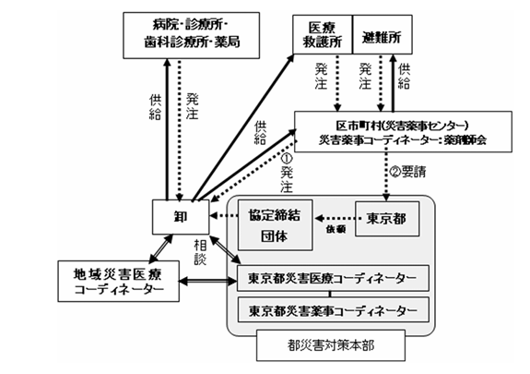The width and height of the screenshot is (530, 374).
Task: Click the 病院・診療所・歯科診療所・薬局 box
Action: coord(190,35)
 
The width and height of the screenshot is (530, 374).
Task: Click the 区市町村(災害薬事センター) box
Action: coord(402,133)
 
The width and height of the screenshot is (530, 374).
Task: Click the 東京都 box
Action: coord(384,219)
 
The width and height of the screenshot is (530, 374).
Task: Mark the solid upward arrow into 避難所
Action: coord(396,83)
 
